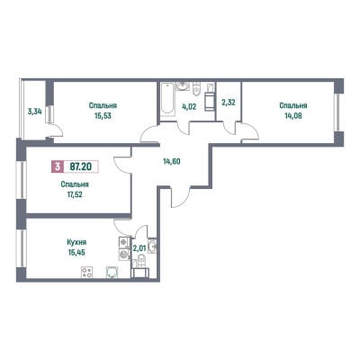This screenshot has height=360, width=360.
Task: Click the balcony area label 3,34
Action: click(x=34, y=112)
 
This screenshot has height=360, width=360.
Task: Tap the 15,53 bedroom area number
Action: click(x=103, y=116)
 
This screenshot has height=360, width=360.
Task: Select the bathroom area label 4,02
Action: click(x=189, y=106)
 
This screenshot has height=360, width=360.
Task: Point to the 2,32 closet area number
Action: click(x=229, y=103)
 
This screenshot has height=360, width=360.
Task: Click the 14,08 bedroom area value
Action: click(x=293, y=116)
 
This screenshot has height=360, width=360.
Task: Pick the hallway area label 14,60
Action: click(x=172, y=162)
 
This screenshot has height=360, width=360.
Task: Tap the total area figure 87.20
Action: click(x=80, y=166)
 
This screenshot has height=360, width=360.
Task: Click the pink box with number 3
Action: click(x=58, y=166)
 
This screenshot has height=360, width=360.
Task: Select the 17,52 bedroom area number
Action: click(x=75, y=194)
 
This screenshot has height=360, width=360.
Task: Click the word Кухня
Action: click(x=76, y=242)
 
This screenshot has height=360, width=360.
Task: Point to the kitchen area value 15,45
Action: click(x=76, y=252)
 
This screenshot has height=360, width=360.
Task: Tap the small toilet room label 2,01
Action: click(x=139, y=248)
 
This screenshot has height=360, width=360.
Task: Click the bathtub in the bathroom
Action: click(x=167, y=98)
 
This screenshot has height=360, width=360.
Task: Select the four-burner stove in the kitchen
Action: click(x=87, y=273)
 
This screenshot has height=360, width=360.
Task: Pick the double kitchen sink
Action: click(x=124, y=248)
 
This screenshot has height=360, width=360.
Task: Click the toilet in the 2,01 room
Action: click(x=142, y=260)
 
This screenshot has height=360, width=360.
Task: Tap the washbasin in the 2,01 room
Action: click(x=152, y=247)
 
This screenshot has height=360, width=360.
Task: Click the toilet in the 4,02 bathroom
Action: click(x=196, y=89)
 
